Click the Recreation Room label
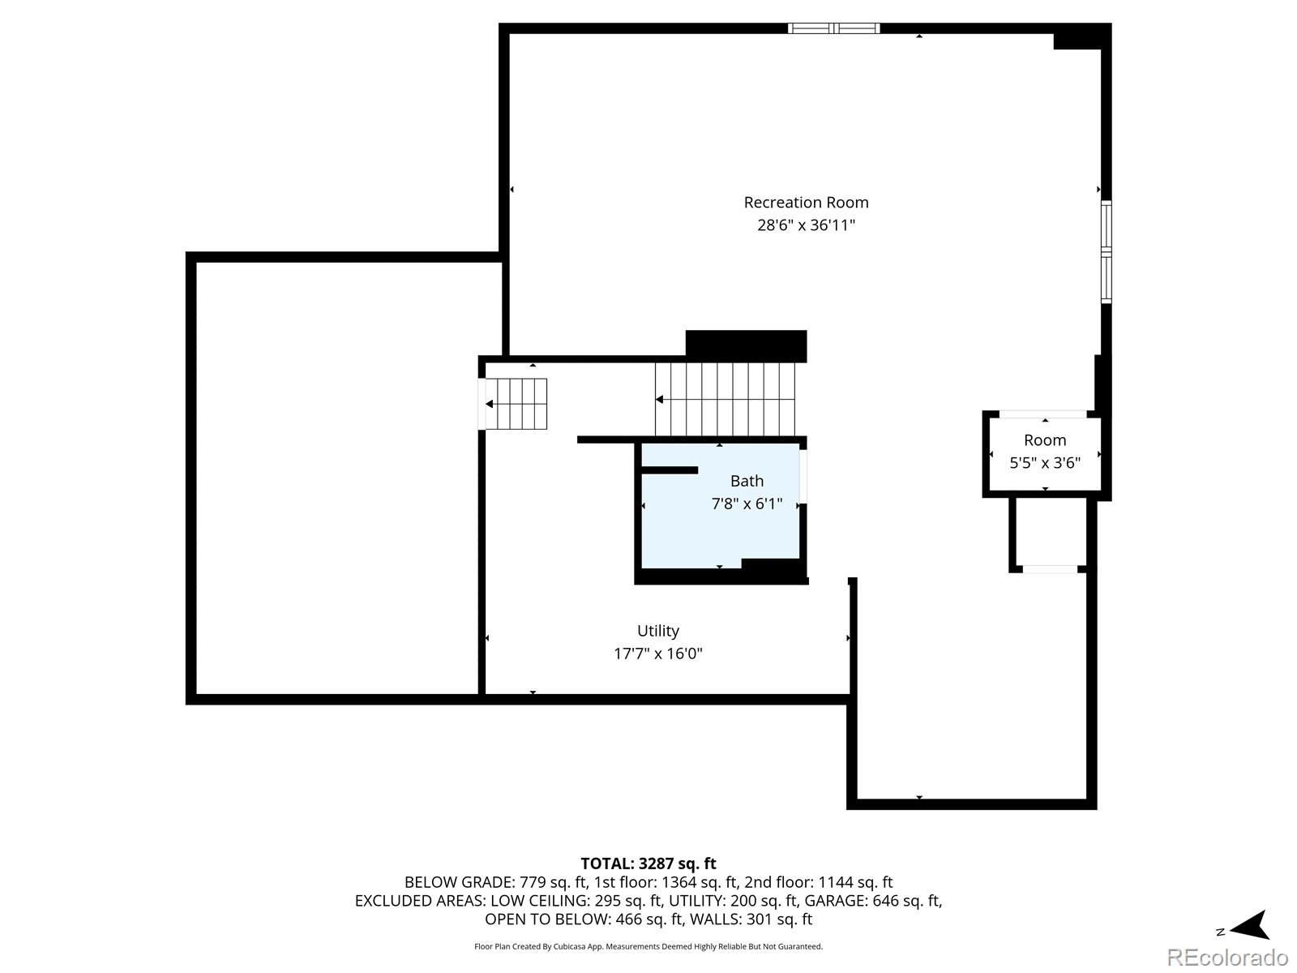806,203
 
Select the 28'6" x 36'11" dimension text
806,225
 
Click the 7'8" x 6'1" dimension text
747,504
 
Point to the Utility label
657,631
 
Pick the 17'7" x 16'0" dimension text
657,654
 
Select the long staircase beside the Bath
726,400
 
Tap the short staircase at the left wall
517,404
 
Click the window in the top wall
834,28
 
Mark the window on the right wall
1106,252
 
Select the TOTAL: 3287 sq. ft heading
648,864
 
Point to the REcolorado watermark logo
1226,958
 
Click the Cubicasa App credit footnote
648,946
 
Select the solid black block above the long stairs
746,345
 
